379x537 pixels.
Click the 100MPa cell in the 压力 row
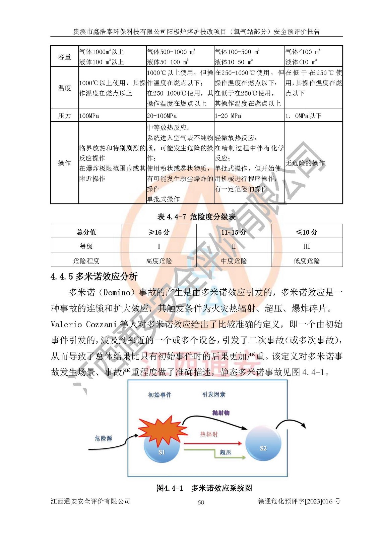click(x=89, y=116)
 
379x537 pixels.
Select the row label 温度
click(x=64, y=88)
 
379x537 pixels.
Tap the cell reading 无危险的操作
click(x=305, y=163)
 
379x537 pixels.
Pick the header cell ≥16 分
click(x=159, y=232)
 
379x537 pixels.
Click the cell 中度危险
click(x=234, y=261)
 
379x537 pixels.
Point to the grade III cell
click(x=306, y=246)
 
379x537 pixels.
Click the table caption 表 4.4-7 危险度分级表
click(x=196, y=217)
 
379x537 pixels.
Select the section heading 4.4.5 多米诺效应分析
click(x=94, y=277)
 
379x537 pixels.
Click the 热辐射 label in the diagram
click(x=209, y=434)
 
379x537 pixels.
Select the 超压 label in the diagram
click(x=226, y=452)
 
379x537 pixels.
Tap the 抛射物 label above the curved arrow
click(x=221, y=413)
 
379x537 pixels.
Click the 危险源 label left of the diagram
click(x=103, y=438)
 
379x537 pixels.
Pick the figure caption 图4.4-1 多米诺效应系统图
click(x=204, y=488)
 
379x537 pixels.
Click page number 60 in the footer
click(x=201, y=502)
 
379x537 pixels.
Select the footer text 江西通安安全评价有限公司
click(x=90, y=501)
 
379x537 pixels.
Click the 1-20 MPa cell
click(x=228, y=116)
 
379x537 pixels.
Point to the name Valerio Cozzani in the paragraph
click(x=84, y=324)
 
